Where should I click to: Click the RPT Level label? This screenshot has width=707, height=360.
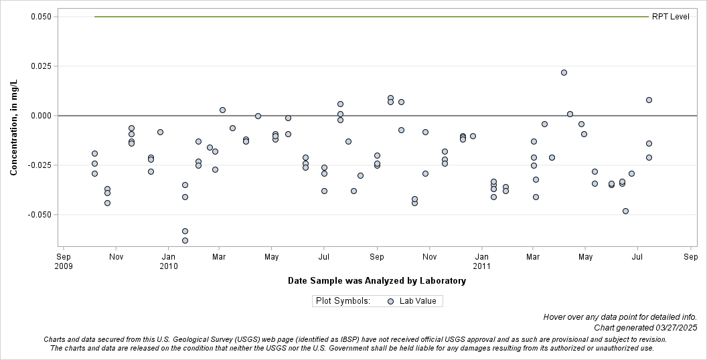(x=670, y=17)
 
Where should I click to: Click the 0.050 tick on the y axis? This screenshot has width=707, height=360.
(x=42, y=17)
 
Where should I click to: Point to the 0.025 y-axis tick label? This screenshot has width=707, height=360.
(x=42, y=66)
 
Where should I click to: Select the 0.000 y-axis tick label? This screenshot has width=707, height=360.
(x=42, y=116)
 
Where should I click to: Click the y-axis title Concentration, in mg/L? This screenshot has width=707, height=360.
(x=14, y=127)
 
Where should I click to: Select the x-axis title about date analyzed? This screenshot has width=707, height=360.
(x=376, y=281)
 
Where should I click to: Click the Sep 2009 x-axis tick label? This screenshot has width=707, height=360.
(x=63, y=261)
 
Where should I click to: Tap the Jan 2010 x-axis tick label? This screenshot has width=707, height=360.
(x=168, y=261)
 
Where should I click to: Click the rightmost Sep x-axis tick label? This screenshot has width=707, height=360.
(x=691, y=256)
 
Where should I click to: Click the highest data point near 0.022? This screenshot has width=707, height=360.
(x=564, y=72)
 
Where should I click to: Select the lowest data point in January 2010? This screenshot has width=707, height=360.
(x=185, y=240)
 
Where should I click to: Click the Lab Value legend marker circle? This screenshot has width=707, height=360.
(x=390, y=301)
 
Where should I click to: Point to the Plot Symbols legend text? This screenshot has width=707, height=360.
(x=343, y=301)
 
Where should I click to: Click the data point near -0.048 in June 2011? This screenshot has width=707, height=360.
(x=625, y=211)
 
